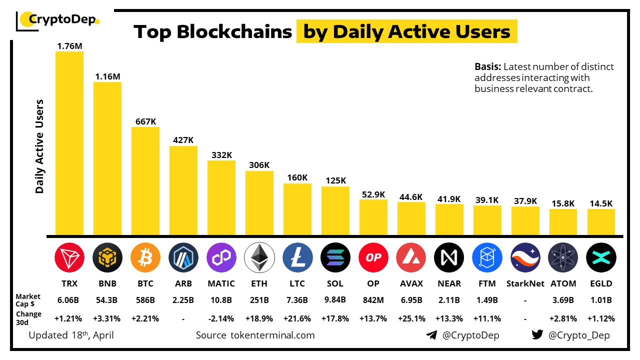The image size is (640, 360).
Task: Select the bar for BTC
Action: (145, 181)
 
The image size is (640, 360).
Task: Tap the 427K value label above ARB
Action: (183, 140)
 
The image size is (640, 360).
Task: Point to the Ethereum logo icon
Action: (259, 257)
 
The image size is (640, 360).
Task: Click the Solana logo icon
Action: (335, 257)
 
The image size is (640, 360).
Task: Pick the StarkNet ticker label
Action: (525, 283)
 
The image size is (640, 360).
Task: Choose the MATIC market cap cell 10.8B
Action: (221, 300)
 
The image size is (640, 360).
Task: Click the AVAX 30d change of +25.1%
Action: (411, 318)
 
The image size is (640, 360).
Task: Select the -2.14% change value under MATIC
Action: (221, 318)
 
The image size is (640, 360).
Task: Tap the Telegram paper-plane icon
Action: (431, 335)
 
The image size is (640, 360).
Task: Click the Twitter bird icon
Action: (537, 335)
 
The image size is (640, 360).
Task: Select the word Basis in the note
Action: (487, 67)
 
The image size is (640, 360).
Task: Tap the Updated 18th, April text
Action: (71, 335)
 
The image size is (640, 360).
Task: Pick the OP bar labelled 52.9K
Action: (373, 217)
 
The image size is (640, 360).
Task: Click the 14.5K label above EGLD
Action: (601, 203)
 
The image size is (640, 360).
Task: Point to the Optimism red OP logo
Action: (373, 257)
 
